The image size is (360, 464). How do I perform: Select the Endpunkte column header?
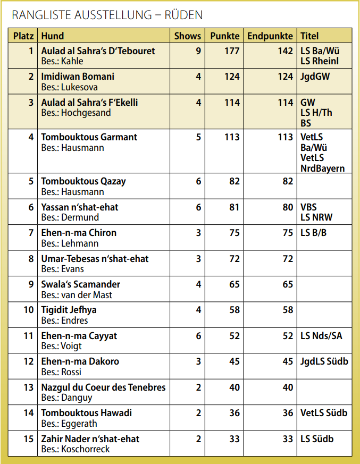tap(270, 36)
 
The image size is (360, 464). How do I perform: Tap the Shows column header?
tap(188, 36)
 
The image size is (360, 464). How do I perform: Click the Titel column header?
tap(309, 36)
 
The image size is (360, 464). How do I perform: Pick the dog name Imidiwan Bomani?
tap(78, 77)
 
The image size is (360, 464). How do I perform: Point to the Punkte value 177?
tap(232, 51)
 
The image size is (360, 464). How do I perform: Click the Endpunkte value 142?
tap(285, 51)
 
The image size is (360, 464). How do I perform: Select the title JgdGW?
tap(315, 77)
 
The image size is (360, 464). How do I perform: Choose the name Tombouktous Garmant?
tap(89, 137)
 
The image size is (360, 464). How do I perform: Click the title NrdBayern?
tap(322, 168)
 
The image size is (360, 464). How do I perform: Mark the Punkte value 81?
tap(235, 207)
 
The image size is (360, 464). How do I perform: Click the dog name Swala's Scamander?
tap(81, 284)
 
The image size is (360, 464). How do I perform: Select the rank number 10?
tap(29, 310)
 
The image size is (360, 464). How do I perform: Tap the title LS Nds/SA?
tap(321, 336)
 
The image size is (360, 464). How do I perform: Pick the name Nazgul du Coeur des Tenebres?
tap(103, 387)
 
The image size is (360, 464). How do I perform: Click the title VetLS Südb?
tap(324, 413)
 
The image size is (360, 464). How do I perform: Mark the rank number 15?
tap(29, 439)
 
